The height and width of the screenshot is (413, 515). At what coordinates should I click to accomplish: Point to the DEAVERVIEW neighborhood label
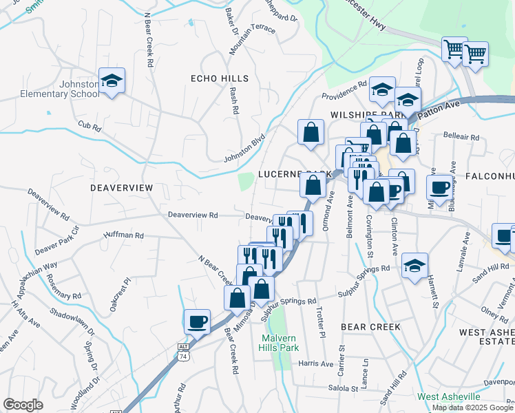121,187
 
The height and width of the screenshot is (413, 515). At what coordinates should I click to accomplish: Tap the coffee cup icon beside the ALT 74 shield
197,321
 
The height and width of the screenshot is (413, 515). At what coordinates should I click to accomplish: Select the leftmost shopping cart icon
454,50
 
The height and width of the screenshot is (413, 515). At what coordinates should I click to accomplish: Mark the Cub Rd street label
90,127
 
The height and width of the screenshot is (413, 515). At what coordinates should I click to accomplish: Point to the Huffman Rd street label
123,235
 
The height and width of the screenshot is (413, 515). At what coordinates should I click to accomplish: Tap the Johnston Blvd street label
244,149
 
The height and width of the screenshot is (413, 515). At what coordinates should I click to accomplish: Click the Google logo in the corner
23,405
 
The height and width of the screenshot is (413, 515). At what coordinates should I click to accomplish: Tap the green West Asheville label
448,397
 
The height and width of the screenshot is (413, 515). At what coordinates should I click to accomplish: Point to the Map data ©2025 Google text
472,407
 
